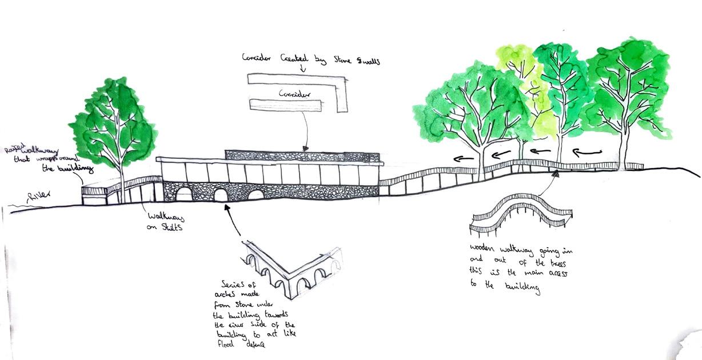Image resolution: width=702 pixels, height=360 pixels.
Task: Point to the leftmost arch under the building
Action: click(184, 194)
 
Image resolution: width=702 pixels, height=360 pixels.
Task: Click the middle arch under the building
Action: click(221, 195)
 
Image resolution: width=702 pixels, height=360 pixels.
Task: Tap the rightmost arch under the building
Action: click(256, 195)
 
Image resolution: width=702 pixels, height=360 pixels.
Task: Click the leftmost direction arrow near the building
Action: click(464, 158)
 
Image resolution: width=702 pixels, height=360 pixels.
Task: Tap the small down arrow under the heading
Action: click(303, 69)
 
